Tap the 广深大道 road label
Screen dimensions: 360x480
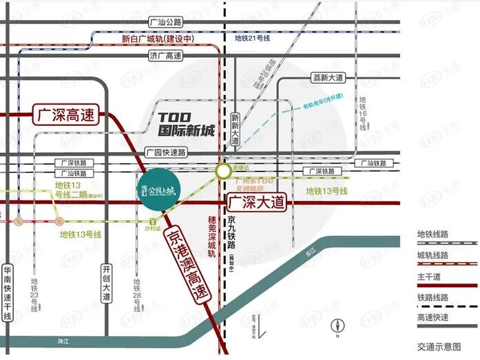[x=255, y=202]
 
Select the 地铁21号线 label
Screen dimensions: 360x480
[x=252, y=39]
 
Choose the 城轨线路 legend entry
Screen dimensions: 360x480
[x=433, y=255]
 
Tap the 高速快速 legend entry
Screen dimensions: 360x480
[x=433, y=317]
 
